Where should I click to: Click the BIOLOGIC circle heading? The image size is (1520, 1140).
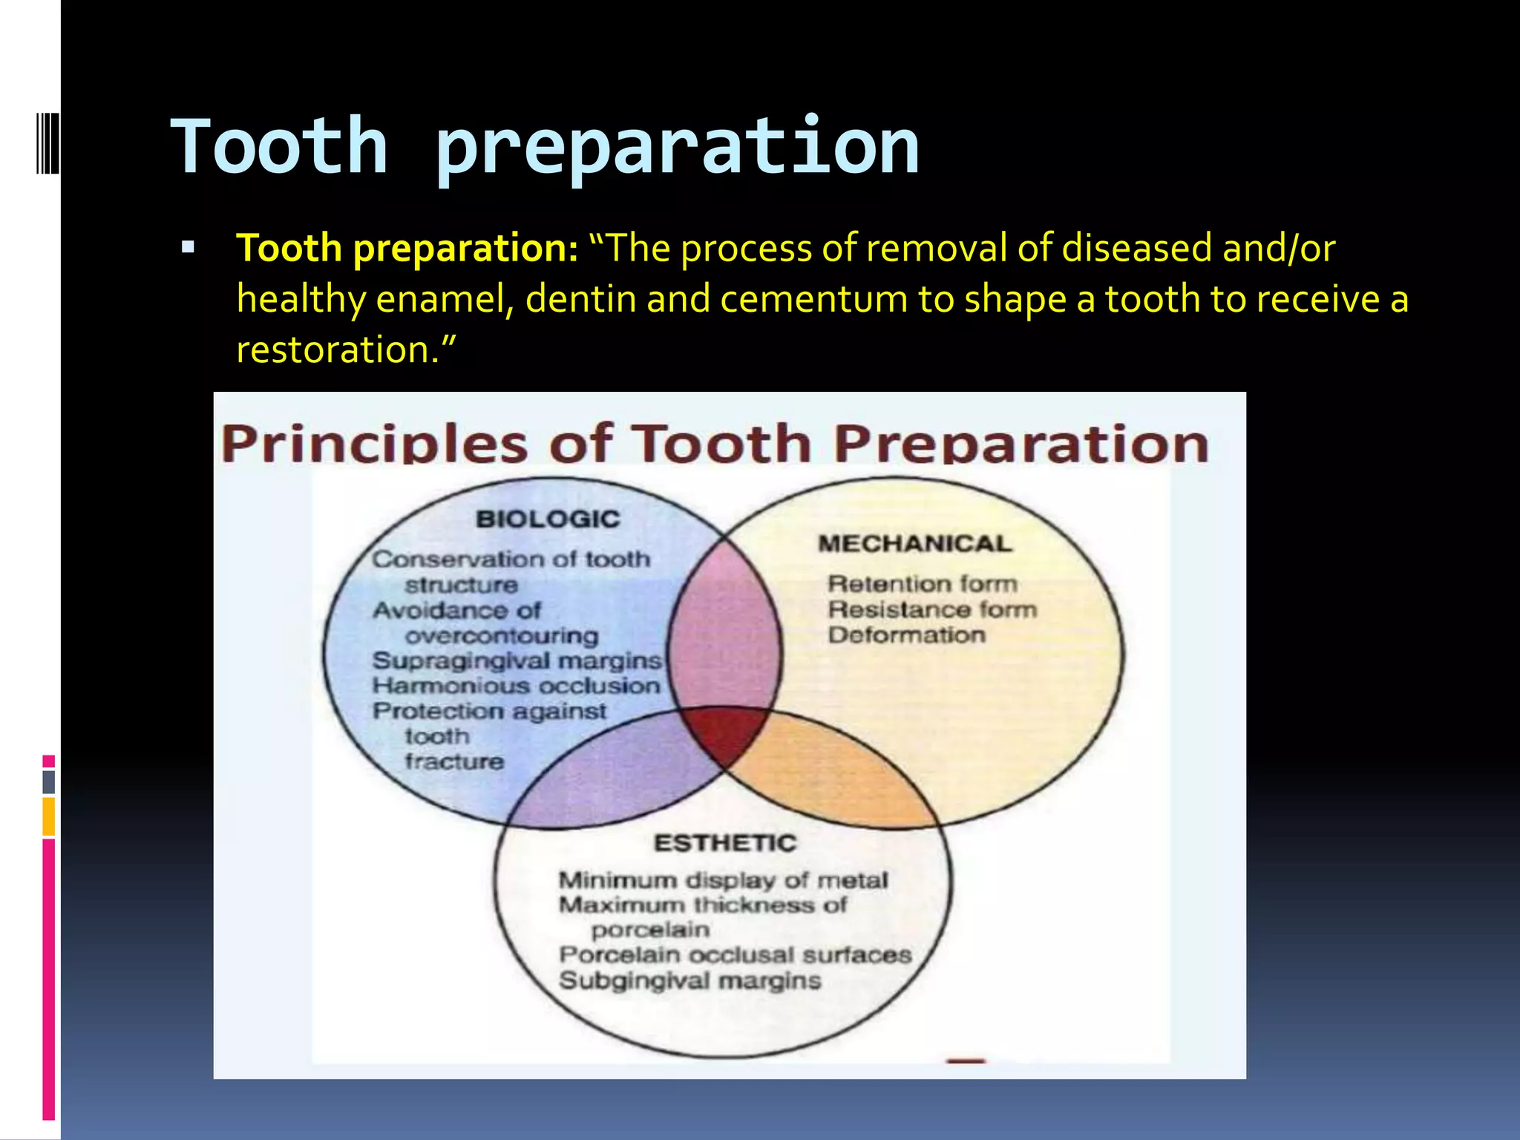click(548, 519)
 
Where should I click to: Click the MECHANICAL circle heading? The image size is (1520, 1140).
click(914, 543)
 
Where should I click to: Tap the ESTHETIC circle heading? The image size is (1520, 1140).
click(724, 843)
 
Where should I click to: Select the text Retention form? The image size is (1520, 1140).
click(922, 584)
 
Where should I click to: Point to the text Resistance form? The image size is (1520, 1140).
click(932, 609)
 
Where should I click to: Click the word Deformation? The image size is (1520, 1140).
click(906, 635)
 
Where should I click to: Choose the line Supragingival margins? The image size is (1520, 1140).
click(517, 661)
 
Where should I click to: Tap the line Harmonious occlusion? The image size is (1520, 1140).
click(516, 686)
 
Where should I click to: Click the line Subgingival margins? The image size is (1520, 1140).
click(689, 980)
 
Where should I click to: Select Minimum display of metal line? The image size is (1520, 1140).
click(723, 880)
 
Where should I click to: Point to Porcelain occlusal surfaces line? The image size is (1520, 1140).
click(735, 954)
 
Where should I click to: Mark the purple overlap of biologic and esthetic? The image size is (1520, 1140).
click(616, 779)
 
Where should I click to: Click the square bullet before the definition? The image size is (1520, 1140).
click(188, 248)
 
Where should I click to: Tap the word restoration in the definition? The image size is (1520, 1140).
click(332, 350)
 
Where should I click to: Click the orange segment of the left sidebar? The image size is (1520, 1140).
click(49, 816)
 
